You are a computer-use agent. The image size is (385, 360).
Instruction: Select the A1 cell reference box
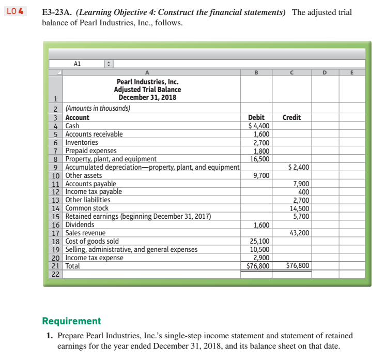[x=78, y=64]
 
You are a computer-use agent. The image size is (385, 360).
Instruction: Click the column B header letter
[x=258, y=73]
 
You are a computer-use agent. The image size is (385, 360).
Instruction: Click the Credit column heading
[x=292, y=117]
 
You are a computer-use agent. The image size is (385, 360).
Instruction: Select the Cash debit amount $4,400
[x=258, y=126]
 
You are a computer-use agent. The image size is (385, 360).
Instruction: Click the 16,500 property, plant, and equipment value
[x=259, y=159]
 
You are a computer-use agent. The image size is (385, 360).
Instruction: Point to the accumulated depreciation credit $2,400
[x=298, y=167]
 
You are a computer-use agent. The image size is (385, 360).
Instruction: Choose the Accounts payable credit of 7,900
[x=301, y=184]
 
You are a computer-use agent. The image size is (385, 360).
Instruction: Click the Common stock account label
[x=86, y=208]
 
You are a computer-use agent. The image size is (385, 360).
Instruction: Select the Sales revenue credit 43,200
[x=299, y=233]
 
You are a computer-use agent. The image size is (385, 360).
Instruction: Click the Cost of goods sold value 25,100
[x=259, y=241]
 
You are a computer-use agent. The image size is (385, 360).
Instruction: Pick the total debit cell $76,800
[x=258, y=266]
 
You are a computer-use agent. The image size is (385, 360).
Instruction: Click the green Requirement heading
[x=71, y=321]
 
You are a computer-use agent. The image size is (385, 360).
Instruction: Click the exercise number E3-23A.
[x=57, y=12]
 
